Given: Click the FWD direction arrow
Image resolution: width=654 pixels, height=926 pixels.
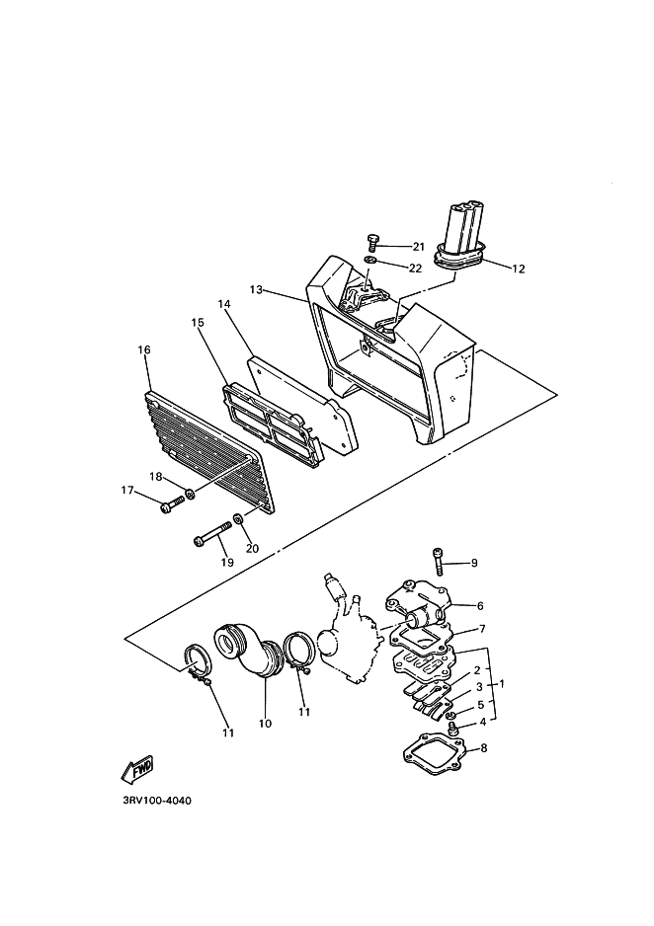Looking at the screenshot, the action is click(136, 767).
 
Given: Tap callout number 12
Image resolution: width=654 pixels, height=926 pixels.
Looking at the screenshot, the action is click(519, 267).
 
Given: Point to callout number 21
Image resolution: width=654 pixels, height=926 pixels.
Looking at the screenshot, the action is click(418, 246).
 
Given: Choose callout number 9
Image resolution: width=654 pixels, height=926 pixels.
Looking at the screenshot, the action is click(473, 563).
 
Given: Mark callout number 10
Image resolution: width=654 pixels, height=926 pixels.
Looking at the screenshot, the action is click(264, 724).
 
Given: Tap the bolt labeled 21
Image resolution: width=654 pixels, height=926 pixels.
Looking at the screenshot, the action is click(373, 240).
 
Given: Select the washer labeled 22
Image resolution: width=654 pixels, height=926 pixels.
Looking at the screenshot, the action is click(368, 260).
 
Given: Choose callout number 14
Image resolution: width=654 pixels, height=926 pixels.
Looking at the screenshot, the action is click(224, 305).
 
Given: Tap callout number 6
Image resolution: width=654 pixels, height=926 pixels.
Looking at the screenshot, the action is click(480, 606).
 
